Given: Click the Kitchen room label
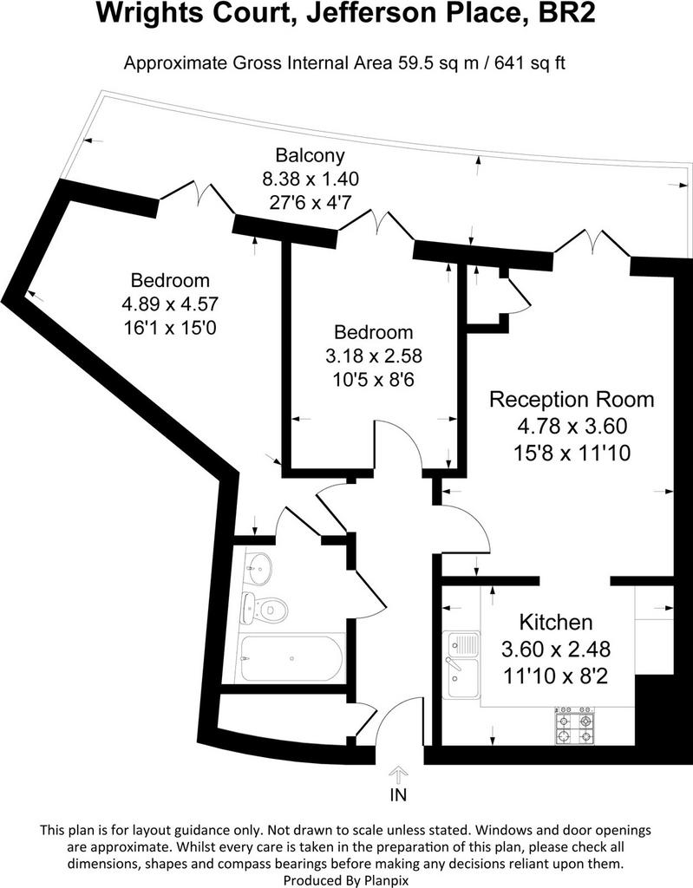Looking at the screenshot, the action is click(x=556, y=623).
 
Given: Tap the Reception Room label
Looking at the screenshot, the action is click(x=572, y=399).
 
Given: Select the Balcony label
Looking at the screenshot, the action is click(x=310, y=154).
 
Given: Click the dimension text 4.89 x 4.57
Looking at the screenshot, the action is click(x=170, y=304).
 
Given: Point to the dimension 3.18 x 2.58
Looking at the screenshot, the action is click(x=374, y=356).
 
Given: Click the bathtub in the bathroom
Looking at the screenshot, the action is click(x=291, y=659).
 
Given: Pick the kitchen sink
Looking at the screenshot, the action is click(x=462, y=665).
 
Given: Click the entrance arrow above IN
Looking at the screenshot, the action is click(x=398, y=774).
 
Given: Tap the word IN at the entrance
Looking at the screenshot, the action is click(x=398, y=795).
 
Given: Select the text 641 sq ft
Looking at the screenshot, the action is click(x=530, y=62).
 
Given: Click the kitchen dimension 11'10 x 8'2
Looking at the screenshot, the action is click(x=556, y=676).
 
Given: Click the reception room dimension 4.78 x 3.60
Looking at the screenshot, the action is click(x=572, y=425).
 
